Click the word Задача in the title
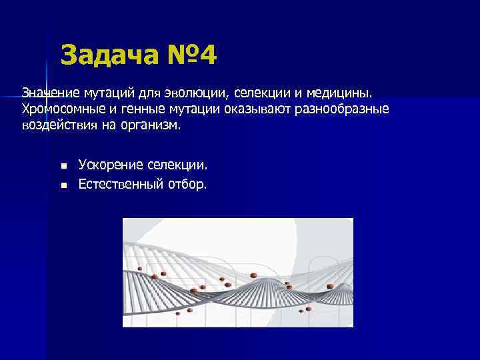pyautogui.click(x=106, y=55)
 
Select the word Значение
pyautogui.click(x=51, y=91)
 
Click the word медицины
pyautogui.click(x=347, y=91)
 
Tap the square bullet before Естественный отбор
pyautogui.click(x=63, y=184)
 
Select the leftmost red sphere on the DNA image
pyautogui.click(x=140, y=269)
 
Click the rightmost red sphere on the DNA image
pyautogui.click(x=331, y=286)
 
